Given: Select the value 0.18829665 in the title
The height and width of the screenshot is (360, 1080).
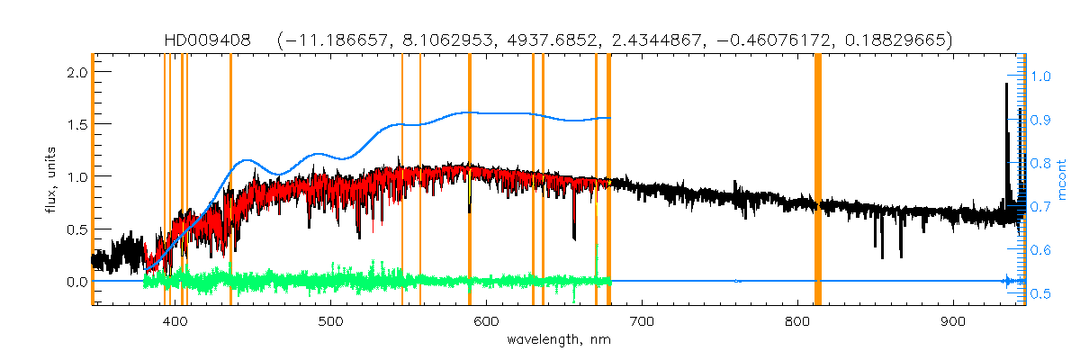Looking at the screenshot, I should click(886, 40).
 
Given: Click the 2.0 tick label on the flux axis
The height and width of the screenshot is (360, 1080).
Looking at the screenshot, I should click(76, 71).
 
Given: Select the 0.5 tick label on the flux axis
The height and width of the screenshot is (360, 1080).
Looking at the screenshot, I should click(76, 229).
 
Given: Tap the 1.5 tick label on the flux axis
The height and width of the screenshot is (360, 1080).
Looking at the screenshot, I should click(76, 123).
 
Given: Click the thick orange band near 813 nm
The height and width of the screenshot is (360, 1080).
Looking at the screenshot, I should click(818, 180).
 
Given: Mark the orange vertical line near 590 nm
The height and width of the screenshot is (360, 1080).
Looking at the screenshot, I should click(470, 180).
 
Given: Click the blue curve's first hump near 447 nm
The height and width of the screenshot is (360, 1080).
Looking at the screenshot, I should click(247, 161).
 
